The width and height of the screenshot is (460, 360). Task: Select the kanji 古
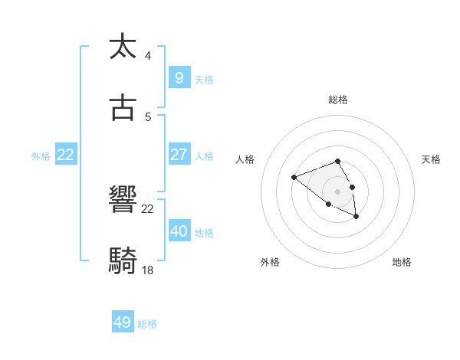point(123,108)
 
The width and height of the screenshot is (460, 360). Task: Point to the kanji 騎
point(123,261)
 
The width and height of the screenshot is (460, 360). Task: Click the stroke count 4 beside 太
point(148,55)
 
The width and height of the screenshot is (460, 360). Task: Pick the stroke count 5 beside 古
point(148,117)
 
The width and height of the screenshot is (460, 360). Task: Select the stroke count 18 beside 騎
point(148,270)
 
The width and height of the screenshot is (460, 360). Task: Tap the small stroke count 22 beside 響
point(148,208)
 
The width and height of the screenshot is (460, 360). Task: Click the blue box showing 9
point(179,77)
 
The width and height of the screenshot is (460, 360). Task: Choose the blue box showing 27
point(179,154)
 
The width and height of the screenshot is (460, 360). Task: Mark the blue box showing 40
point(179,231)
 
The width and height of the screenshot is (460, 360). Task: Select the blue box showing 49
point(123,322)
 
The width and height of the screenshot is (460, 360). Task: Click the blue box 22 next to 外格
point(66,154)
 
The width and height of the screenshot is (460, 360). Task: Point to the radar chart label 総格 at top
point(338,100)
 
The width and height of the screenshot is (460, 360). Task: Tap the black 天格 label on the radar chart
point(431,159)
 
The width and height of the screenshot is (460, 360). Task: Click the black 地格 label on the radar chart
point(402,262)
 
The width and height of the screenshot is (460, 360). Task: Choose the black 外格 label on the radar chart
point(270,262)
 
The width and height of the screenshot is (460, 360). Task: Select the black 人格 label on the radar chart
point(245,159)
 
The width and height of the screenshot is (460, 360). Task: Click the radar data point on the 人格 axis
point(294,178)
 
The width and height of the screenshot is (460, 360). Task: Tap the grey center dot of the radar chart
point(338,191)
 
